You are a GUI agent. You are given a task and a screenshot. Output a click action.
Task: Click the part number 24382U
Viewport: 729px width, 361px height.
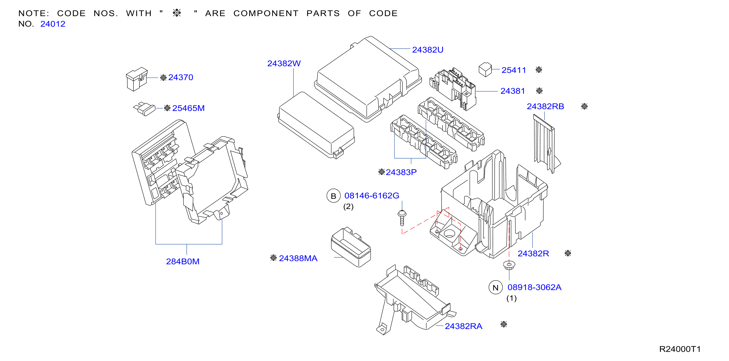coord(427,50)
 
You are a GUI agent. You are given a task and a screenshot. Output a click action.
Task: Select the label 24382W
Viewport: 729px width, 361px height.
coord(284,63)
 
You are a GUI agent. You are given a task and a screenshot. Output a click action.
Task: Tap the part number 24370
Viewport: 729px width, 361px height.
coord(181,77)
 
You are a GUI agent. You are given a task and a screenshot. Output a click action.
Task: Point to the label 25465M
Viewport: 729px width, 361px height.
coord(188,108)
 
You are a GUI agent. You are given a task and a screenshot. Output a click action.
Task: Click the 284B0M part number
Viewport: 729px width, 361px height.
coord(183,262)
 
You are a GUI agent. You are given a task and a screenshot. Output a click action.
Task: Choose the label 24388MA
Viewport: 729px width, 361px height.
coord(298,258)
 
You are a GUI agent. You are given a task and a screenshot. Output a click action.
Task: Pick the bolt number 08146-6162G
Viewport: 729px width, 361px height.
coord(372,196)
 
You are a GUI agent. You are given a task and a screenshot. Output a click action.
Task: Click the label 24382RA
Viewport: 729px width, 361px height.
coord(463,326)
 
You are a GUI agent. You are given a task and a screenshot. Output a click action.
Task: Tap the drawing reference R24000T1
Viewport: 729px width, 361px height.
coord(680,349)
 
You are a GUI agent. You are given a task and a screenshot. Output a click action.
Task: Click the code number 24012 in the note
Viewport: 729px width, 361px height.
coord(53,24)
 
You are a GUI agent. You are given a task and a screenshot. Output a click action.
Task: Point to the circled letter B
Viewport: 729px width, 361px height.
coord(333,196)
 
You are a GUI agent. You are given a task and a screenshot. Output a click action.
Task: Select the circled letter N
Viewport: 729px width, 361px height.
coord(496,288)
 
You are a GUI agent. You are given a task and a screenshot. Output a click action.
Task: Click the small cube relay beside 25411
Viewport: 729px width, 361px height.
coord(485,70)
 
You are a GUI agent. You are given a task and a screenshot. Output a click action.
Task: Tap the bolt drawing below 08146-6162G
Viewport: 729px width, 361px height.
coord(402,218)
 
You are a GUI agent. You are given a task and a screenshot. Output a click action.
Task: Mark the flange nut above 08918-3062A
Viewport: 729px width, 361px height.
coord(509,265)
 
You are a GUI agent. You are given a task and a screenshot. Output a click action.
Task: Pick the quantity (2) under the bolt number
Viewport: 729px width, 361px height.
coord(348,207)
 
